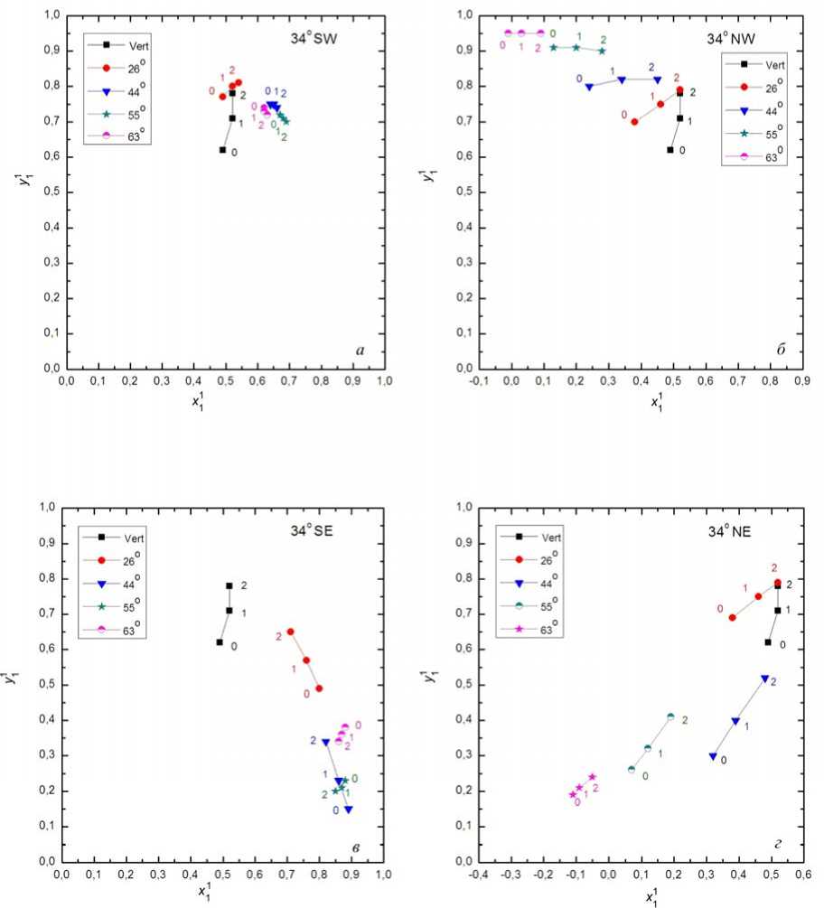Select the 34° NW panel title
730,39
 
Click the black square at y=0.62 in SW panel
223,150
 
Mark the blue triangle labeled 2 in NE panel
764,678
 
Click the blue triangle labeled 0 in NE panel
713,757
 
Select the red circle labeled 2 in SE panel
290,632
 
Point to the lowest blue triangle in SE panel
349,810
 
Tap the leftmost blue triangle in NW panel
589,88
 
